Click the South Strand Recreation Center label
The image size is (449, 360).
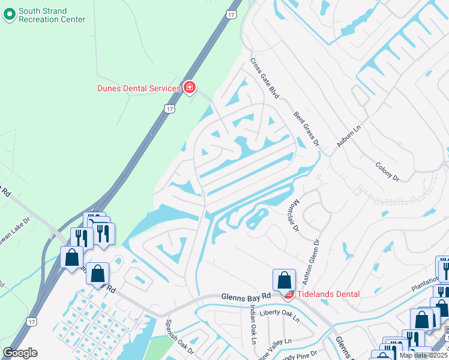[x=52, y=15]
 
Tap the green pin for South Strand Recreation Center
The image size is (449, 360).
[x=10, y=14]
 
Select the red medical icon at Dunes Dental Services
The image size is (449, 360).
[x=190, y=88]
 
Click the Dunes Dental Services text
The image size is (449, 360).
[x=139, y=88]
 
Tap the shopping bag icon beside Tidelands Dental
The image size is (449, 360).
[x=284, y=280]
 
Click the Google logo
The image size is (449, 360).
[x=20, y=352]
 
